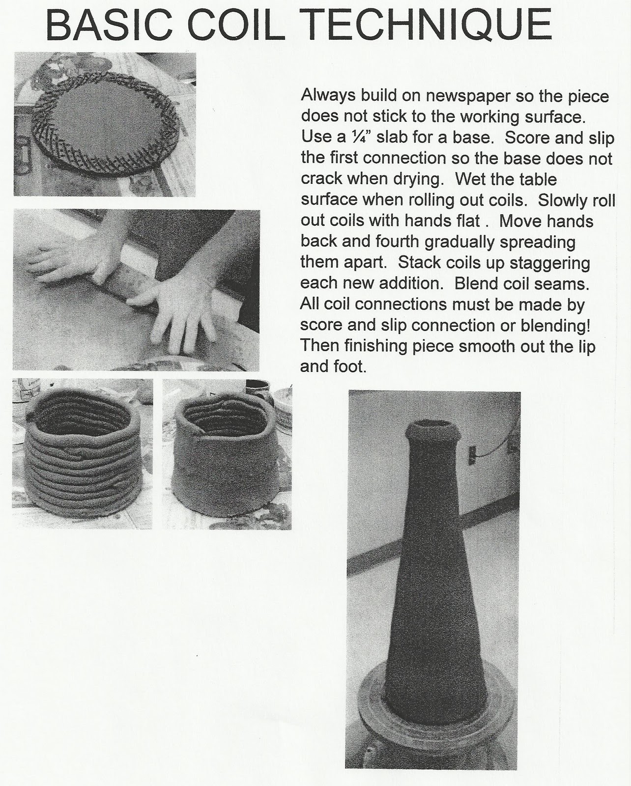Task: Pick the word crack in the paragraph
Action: tap(321, 179)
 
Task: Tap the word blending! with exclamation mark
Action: tap(555, 326)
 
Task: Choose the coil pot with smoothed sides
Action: tap(225, 453)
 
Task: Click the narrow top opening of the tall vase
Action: tap(432, 428)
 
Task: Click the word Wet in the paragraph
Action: tap(469, 179)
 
